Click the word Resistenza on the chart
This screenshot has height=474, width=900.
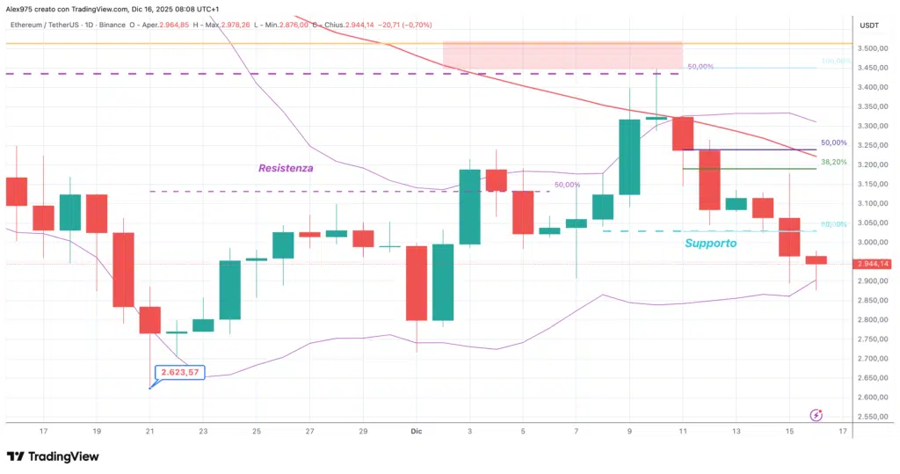click(286, 167)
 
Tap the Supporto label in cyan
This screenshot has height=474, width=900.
click(710, 243)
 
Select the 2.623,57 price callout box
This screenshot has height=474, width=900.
click(179, 373)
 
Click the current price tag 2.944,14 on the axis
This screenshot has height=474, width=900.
click(872, 263)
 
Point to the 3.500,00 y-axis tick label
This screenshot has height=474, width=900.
click(872, 48)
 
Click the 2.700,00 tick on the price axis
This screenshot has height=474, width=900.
click(872, 359)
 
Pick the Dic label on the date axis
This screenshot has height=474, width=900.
click(417, 432)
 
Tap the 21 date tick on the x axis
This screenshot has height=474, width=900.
click(150, 432)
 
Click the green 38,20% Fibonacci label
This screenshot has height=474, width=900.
click(834, 162)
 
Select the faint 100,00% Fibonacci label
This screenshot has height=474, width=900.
click(836, 62)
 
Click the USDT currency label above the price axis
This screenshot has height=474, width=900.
click(869, 26)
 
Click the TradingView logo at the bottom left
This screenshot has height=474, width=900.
click(53, 456)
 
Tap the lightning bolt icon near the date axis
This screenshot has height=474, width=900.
click(816, 415)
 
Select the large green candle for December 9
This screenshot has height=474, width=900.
click(629, 157)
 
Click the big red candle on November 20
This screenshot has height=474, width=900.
click(124, 269)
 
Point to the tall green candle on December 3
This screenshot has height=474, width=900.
click(470, 207)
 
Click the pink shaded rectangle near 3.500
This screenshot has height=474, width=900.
click(562, 55)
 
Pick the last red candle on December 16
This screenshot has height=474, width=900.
click(817, 259)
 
